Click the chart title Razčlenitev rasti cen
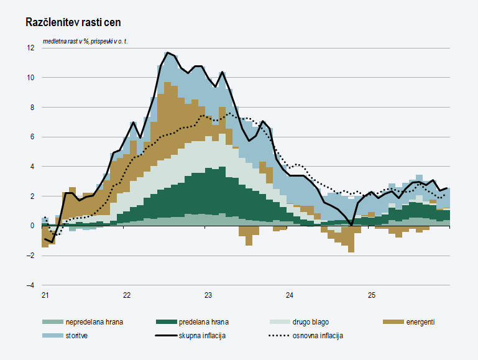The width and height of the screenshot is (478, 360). coord(73,22)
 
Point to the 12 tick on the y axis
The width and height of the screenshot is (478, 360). coord(30,48)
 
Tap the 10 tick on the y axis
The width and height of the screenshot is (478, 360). coord(30,78)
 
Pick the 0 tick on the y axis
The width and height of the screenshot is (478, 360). coord(32,226)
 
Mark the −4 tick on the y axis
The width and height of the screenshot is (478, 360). coord(30,285)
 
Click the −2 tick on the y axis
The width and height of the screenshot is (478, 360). coord(30,256)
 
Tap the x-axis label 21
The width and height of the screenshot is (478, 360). coord(45,295)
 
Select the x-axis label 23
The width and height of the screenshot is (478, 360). coord(208,295)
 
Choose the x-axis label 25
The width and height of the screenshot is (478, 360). coord(371,295)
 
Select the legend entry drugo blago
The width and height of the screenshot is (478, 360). coord(310,322)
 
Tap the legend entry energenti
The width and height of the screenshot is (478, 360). coord(420,322)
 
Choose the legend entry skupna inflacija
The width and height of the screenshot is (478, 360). coord(201,336)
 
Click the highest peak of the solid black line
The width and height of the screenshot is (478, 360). coord(168,53)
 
